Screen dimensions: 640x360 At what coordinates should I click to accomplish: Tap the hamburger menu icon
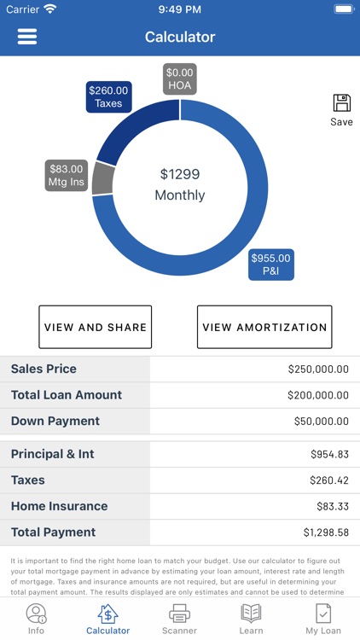[x=27, y=37]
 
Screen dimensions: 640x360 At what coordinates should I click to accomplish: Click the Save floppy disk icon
[x=341, y=103]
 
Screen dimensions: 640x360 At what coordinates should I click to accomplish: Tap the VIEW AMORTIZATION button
[x=264, y=327]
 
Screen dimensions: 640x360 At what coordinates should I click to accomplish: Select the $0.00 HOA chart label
[x=180, y=79]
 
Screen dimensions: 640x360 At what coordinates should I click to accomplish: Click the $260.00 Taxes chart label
[x=108, y=96]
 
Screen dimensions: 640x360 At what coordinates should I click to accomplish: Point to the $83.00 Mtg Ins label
[x=67, y=175]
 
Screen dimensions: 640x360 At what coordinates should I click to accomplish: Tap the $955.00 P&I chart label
[x=270, y=265]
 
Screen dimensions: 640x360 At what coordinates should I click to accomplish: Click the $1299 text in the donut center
[x=180, y=174]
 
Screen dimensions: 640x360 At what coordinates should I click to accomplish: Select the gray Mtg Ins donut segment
[x=103, y=178]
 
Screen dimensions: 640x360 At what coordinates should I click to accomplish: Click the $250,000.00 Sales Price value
[x=317, y=369]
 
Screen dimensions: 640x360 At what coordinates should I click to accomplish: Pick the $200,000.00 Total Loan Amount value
[x=317, y=395]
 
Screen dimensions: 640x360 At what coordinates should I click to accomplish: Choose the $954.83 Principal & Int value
[x=329, y=455]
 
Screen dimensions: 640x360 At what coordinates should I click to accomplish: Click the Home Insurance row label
[x=59, y=506]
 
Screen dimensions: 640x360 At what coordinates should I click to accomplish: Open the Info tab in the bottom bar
[x=36, y=618]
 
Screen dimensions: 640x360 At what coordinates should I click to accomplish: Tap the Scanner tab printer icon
[x=179, y=613]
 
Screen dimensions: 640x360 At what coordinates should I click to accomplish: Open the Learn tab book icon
[x=251, y=613]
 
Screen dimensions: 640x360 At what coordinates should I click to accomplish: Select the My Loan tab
[x=323, y=618]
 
